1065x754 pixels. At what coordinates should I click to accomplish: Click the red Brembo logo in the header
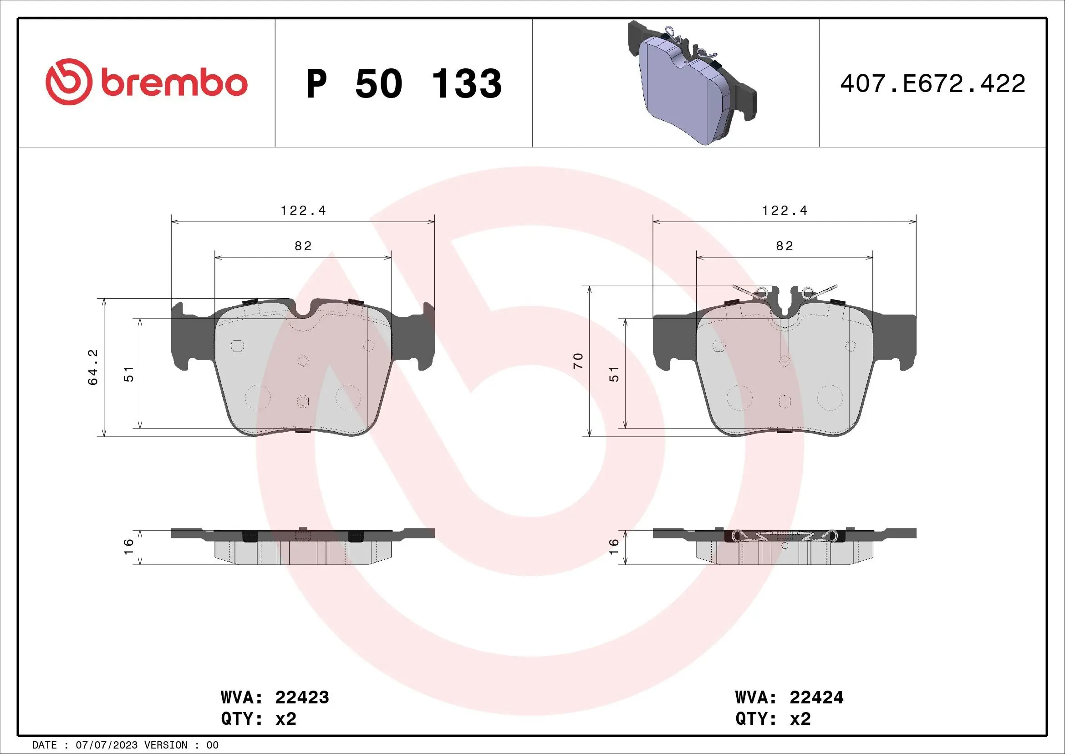147,82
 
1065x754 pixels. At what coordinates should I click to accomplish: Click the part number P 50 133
403,83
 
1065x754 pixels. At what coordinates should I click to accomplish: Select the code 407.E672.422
933,83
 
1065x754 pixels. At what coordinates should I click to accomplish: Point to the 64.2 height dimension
93,367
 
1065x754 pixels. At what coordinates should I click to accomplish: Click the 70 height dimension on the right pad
578,361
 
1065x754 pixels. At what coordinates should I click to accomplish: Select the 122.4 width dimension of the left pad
303,211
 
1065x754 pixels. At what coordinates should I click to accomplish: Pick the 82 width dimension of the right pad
785,246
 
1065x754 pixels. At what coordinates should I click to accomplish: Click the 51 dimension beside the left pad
129,374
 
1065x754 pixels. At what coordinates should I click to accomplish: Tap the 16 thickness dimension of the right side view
614,547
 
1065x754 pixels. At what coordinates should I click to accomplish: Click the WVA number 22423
302,697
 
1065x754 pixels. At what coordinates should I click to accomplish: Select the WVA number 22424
816,697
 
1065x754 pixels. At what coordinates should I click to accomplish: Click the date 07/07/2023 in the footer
106,745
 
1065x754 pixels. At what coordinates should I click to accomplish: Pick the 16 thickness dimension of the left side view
129,547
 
